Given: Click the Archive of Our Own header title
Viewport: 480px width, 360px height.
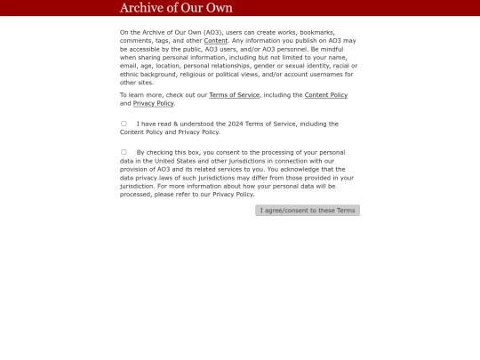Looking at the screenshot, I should click(x=176, y=8).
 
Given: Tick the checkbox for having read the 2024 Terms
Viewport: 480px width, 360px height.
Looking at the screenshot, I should click(x=124, y=124).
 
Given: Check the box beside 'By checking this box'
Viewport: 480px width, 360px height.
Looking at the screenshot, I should click(x=124, y=152).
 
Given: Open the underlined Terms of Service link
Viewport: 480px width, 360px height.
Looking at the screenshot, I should click(x=234, y=95).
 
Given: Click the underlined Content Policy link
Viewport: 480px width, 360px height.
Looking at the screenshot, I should click(x=326, y=95).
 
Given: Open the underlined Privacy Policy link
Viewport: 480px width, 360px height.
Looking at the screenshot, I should click(x=154, y=103).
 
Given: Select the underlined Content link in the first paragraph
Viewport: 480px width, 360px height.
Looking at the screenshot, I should click(x=216, y=41).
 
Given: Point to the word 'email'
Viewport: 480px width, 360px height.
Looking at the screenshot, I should click(x=129, y=66).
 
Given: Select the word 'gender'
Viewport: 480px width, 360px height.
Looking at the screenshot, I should click(x=268, y=66).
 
